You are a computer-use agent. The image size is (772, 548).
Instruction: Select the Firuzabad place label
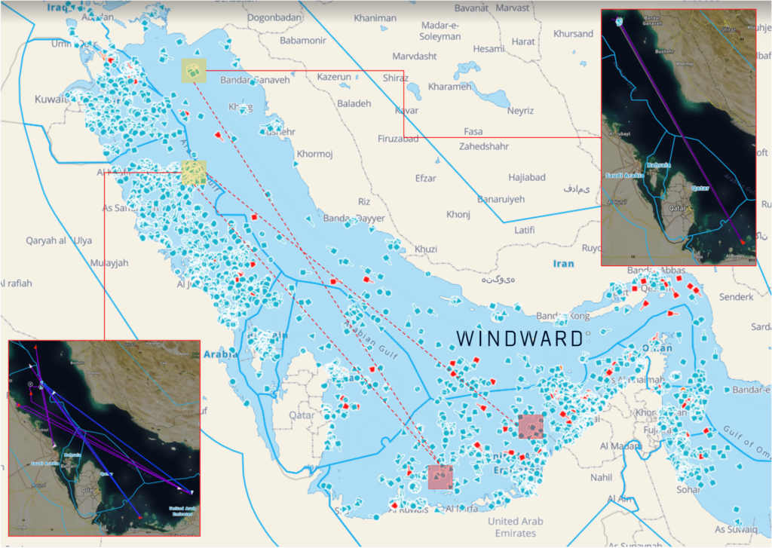click(397, 139)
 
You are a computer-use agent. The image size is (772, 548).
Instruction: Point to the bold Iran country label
click(562, 264)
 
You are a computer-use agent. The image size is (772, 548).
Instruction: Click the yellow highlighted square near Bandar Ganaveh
click(194, 71)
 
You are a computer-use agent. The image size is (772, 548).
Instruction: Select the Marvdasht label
click(415, 57)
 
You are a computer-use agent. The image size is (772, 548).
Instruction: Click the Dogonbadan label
click(274, 17)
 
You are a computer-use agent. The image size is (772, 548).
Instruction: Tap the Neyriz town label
click(520, 110)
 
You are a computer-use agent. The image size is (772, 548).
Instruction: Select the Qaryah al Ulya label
click(59, 240)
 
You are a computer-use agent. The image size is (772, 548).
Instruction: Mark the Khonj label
click(458, 215)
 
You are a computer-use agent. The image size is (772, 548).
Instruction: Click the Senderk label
click(736, 297)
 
